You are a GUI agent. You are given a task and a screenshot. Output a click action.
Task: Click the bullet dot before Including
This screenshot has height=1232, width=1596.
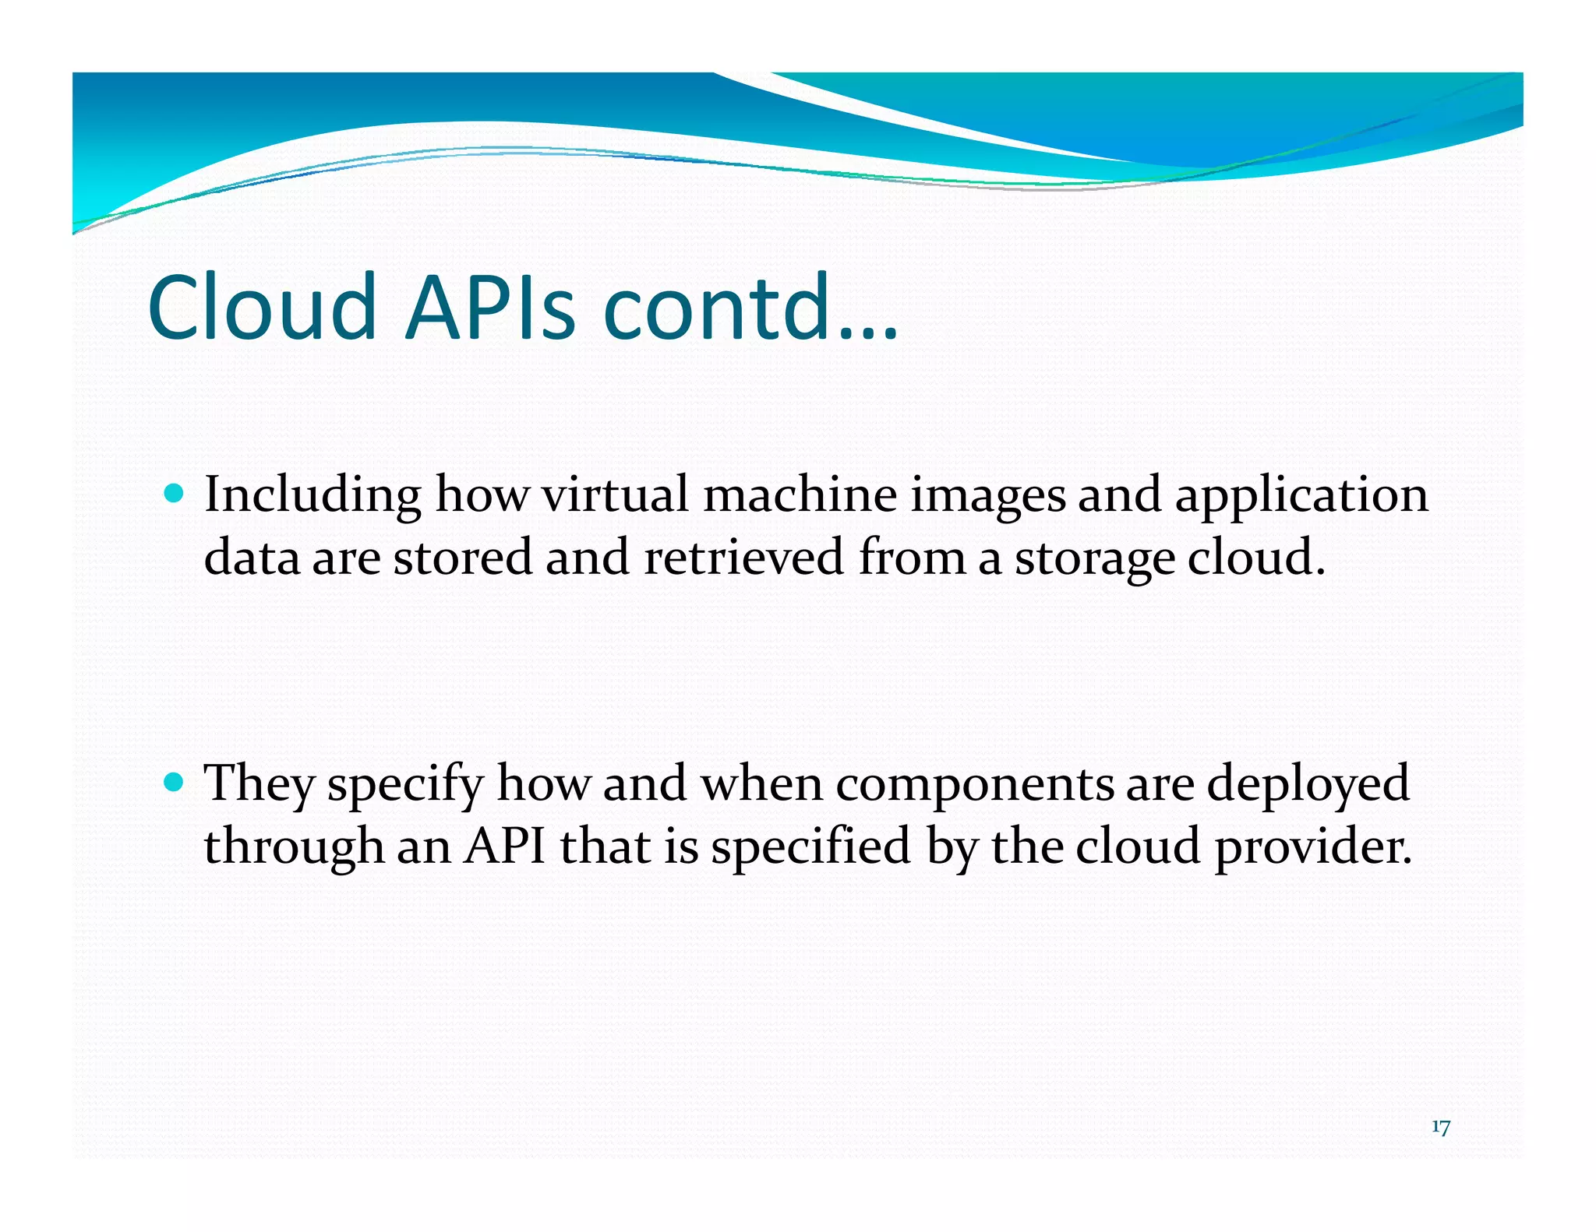click(175, 493)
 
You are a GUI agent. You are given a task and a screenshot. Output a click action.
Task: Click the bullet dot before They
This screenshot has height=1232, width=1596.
click(175, 781)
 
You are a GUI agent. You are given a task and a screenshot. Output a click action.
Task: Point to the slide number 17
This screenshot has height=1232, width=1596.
click(1440, 1128)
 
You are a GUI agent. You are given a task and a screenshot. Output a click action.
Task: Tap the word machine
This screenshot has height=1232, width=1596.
click(800, 495)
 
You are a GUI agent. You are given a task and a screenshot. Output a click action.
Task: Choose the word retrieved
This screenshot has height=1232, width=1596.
click(744, 558)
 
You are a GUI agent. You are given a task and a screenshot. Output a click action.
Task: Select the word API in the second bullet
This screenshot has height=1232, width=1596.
click(504, 847)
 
